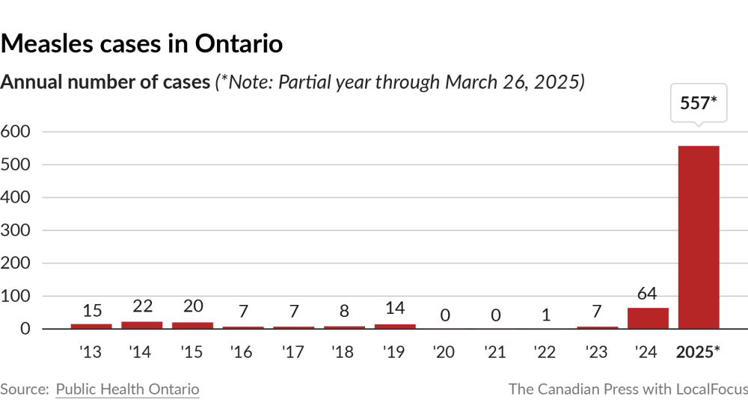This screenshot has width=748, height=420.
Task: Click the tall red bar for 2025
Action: click(x=699, y=237)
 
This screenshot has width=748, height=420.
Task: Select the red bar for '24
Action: click(x=648, y=318)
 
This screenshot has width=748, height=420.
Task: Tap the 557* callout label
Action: click(x=699, y=104)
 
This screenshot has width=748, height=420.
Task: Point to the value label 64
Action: click(x=648, y=294)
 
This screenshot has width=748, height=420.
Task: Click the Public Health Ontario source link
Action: click(x=127, y=389)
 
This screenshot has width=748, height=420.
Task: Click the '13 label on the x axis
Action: click(x=91, y=351)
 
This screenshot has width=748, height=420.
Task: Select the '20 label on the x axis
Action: click(x=444, y=351)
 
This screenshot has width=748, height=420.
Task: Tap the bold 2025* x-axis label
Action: click(x=699, y=351)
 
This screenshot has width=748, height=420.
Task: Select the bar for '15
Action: click(x=192, y=325)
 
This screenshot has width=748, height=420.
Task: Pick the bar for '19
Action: click(x=394, y=326)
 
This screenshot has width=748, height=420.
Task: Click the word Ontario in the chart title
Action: click(x=239, y=44)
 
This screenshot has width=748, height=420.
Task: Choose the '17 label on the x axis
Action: click(x=293, y=351)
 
